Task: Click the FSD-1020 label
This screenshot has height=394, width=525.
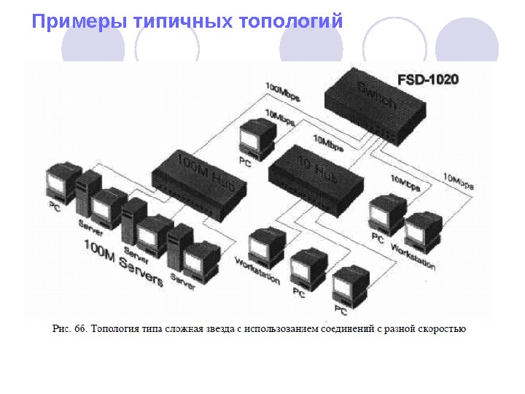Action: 428,79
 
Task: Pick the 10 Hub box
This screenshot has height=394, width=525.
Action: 314,176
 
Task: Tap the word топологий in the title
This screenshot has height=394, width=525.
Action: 290,21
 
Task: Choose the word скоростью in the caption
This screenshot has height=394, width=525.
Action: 440,328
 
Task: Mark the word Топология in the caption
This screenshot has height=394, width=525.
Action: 115,328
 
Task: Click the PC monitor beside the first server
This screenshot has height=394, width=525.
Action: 62,182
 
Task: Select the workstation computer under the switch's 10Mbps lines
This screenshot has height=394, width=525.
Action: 423,229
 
